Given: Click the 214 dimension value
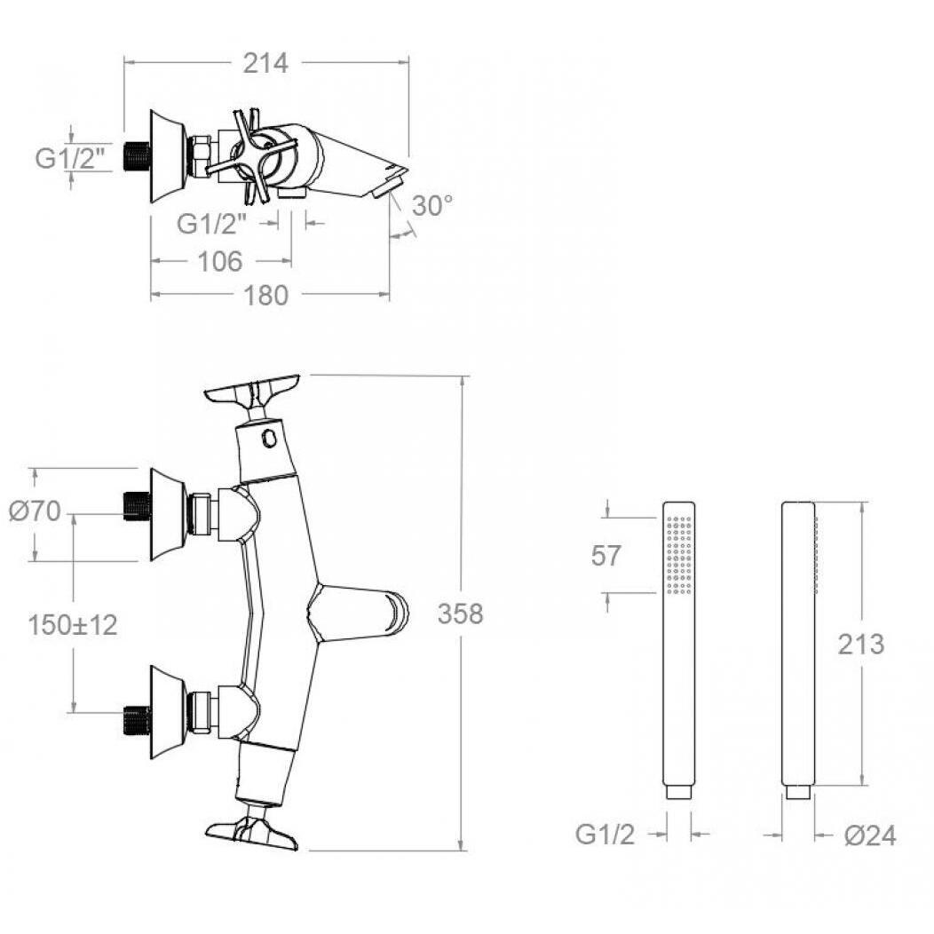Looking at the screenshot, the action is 265,63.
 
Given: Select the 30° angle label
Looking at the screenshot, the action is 432,206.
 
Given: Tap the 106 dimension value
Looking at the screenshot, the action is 220,262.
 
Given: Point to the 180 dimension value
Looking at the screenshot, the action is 266,296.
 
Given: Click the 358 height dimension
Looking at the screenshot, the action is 461,614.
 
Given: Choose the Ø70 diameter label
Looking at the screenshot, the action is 35,511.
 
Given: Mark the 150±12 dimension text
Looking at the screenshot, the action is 73,625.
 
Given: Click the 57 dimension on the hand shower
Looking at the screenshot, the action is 606,556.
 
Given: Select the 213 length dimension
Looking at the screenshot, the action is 860,645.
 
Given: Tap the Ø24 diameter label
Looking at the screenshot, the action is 870,835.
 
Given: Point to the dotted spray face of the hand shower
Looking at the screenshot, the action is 679,555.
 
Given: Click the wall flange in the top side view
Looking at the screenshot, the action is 168,156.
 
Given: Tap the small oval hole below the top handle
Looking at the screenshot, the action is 269,438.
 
